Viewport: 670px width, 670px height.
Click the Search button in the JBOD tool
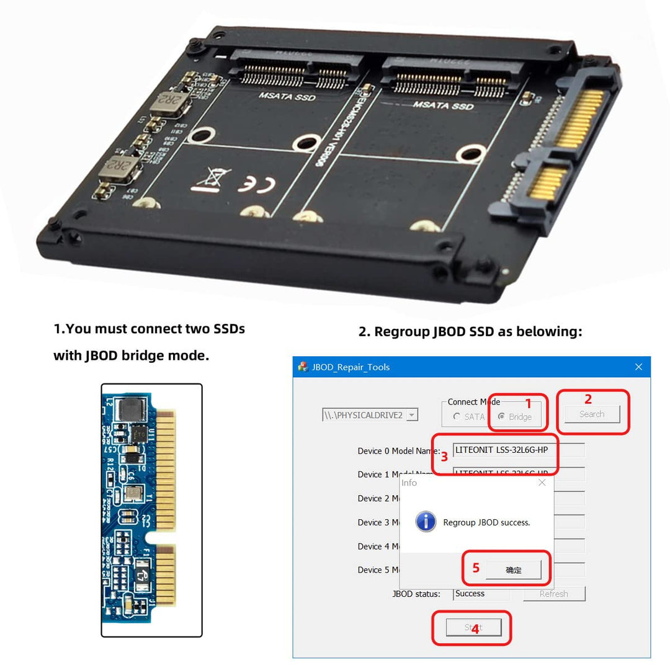point(591,414)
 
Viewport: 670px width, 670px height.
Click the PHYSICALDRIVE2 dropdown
point(370,415)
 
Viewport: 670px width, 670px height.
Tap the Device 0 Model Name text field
point(518,450)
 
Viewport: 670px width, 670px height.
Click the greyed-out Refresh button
point(553,594)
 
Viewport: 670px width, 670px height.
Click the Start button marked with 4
point(473,627)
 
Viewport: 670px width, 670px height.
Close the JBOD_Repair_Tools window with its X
point(638,367)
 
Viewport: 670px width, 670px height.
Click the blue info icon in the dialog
point(426,522)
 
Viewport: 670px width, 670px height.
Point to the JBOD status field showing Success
point(481,594)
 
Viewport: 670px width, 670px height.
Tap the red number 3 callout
point(444,458)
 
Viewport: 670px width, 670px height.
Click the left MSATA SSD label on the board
point(287,96)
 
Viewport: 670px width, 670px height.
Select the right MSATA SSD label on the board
point(443,105)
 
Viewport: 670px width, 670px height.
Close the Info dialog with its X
point(542,483)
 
